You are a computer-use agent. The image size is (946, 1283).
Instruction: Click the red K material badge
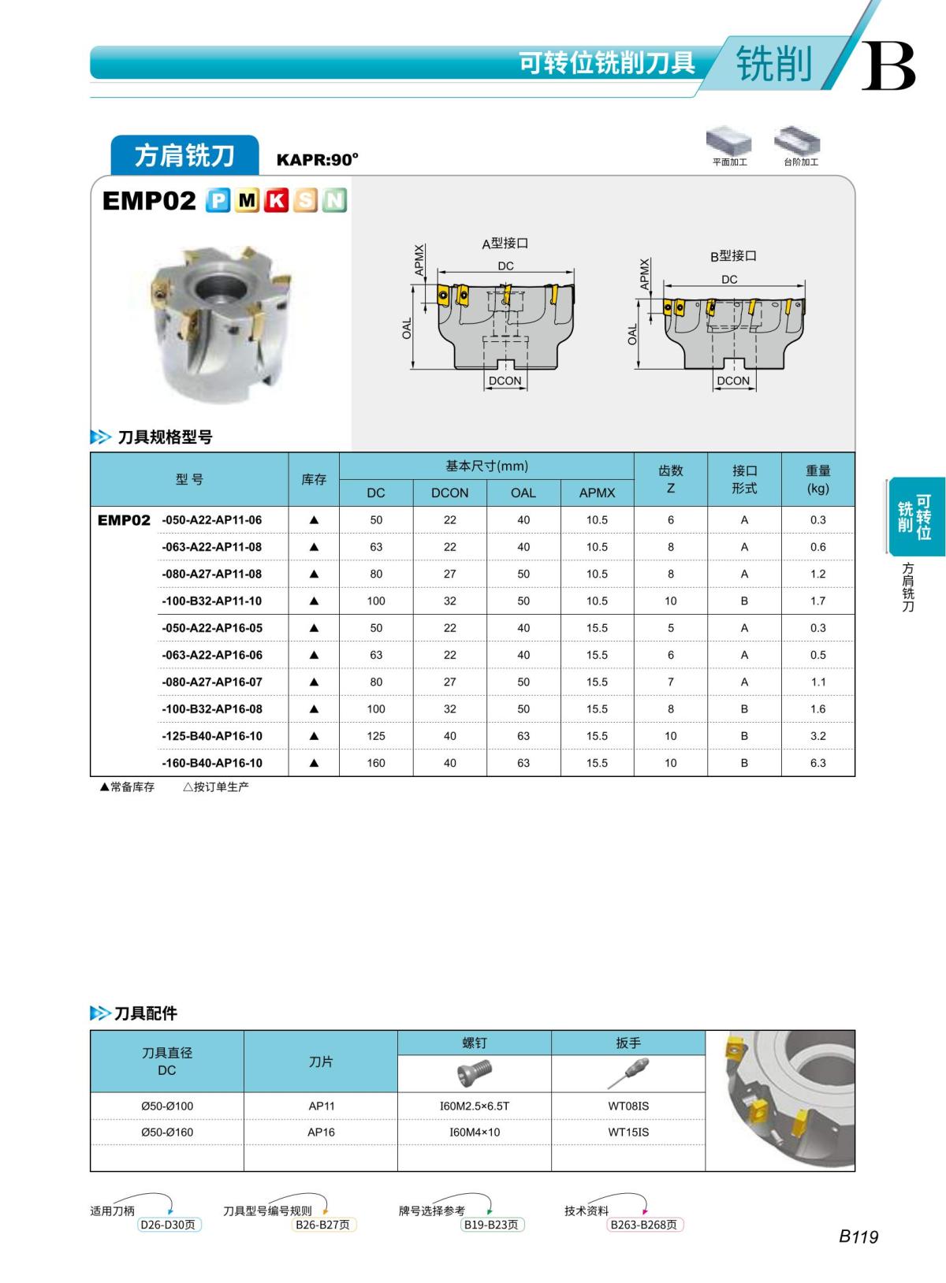(276, 201)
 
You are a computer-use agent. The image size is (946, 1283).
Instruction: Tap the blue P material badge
(218, 201)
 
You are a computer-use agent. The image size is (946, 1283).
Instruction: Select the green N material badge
(335, 201)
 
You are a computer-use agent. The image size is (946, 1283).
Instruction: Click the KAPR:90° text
(317, 160)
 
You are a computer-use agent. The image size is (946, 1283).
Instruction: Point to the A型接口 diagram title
(505, 244)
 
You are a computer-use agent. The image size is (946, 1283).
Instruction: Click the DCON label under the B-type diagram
(733, 381)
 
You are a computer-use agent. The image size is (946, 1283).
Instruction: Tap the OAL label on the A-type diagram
(407, 329)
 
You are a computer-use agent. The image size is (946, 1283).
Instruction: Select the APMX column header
(597, 493)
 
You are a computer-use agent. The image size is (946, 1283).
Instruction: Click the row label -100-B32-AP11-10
(211, 601)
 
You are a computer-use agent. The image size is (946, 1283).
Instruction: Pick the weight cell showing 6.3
(818, 763)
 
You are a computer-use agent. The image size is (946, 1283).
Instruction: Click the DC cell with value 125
(376, 736)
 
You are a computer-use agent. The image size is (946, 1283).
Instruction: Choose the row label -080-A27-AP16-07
(211, 682)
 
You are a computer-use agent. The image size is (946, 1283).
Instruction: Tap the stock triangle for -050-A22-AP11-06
(314, 520)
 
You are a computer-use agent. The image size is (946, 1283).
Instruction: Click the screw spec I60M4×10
(475, 1132)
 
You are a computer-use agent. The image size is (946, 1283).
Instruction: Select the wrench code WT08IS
(628, 1106)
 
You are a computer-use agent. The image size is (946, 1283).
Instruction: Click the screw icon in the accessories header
(475, 1073)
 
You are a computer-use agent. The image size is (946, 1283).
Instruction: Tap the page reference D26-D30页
(169, 1225)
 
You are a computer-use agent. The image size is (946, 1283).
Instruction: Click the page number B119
(858, 1237)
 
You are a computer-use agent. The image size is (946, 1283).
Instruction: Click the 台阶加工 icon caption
(801, 162)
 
